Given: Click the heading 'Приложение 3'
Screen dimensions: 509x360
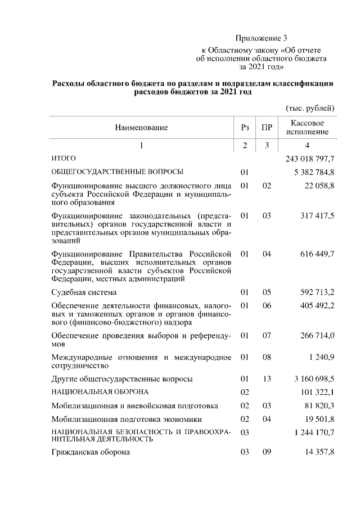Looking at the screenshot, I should [x=261, y=39].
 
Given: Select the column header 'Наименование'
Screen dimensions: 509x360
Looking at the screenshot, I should [x=141, y=128].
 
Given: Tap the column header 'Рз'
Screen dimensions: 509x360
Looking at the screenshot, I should [x=244, y=128].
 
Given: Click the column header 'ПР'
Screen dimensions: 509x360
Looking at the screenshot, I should [x=267, y=128].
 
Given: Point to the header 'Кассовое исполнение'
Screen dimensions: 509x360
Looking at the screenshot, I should [x=307, y=128].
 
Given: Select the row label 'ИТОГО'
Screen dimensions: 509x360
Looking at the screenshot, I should [x=63, y=159].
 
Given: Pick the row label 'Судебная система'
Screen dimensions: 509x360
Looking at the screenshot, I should [x=84, y=292].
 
